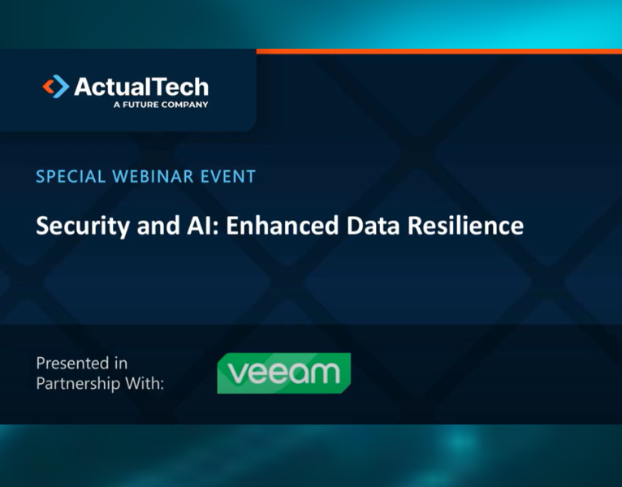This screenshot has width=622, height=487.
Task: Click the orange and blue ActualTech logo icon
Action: (55, 87)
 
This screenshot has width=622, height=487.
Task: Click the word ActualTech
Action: (141, 87)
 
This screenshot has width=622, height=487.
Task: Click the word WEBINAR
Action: (154, 176)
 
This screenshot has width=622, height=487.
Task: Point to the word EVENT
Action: (229, 176)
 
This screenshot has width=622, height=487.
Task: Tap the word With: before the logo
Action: (146, 382)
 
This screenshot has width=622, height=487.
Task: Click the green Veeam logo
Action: (283, 373)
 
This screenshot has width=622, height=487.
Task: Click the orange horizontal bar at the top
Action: (438, 51)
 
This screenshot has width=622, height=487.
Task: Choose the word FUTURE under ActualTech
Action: (140, 105)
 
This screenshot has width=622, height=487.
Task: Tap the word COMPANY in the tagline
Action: (185, 105)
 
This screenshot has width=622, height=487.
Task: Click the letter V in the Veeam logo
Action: (238, 373)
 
